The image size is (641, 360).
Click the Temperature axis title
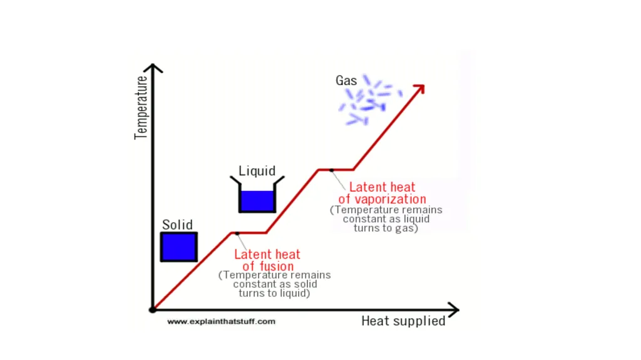[141, 108]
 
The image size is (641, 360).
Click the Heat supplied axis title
[403, 321]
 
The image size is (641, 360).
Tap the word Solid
[177, 225]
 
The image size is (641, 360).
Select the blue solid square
[178, 247]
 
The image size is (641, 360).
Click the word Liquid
[257, 171]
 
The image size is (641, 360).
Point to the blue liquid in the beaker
[257, 200]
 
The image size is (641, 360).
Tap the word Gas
[346, 81]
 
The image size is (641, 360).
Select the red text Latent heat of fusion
[267, 260]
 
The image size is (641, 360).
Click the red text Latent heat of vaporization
[382, 193]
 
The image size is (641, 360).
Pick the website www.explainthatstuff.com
[221, 322]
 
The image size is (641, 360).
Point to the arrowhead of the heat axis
[454, 310]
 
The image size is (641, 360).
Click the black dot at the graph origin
[153, 310]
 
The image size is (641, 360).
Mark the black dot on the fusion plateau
[237, 233]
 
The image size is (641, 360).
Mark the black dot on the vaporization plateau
[332, 170]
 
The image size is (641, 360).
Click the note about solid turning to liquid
[274, 284]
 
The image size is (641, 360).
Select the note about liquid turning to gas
[386, 219]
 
